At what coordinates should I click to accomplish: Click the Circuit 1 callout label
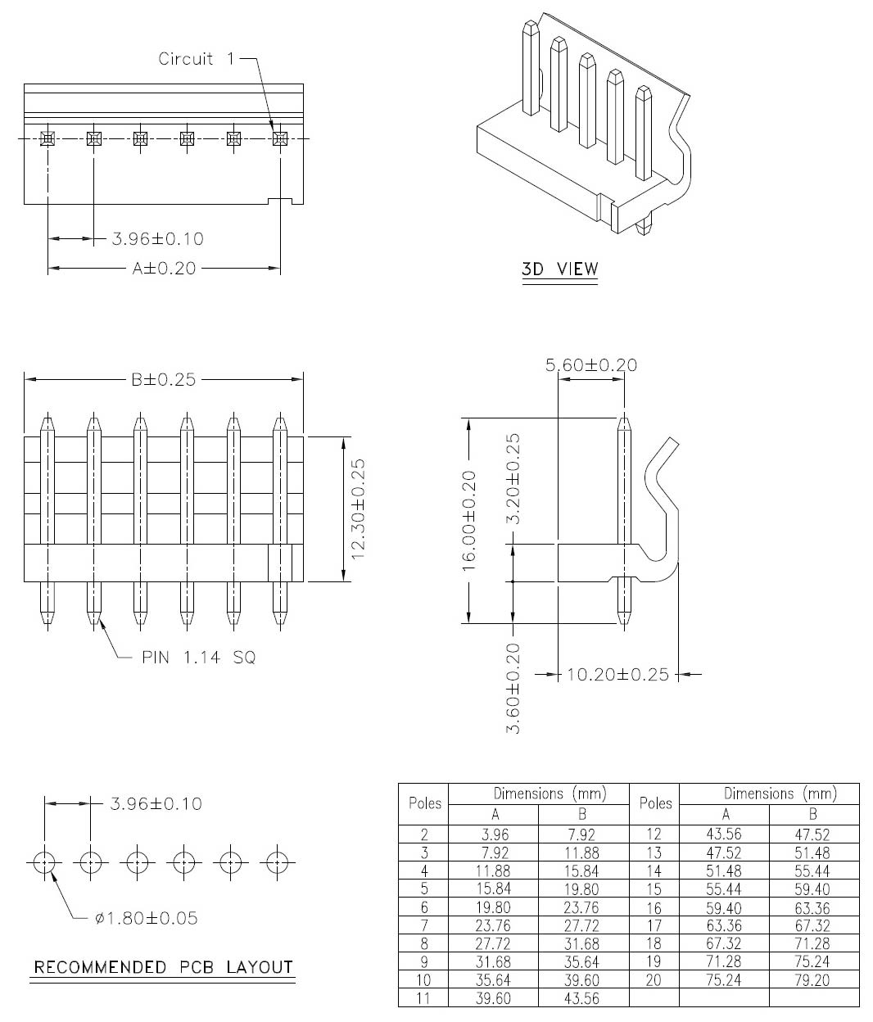tap(196, 59)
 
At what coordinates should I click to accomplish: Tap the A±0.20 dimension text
tap(164, 269)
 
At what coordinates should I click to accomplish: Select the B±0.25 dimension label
tap(164, 380)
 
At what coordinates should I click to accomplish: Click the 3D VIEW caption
tap(559, 269)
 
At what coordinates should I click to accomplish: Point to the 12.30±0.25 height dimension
tap(359, 509)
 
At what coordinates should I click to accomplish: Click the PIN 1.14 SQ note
tap(199, 658)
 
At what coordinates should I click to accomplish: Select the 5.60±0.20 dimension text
tap(590, 365)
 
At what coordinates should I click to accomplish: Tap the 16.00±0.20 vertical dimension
tap(469, 521)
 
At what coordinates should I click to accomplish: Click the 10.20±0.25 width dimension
tap(617, 675)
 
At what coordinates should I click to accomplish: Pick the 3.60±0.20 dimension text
tap(513, 688)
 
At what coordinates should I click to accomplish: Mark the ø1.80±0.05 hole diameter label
tap(146, 918)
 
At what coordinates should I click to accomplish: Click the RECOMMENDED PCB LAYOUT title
tap(163, 967)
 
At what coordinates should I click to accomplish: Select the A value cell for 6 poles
tap(493, 908)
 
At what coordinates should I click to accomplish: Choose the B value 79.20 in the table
tap(812, 980)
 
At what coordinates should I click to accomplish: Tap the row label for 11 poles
tap(423, 998)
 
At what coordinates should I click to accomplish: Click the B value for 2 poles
tap(581, 835)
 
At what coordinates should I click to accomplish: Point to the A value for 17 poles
tap(724, 925)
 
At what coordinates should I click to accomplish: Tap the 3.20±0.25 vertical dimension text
tap(513, 478)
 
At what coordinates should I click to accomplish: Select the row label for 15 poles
tap(654, 889)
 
